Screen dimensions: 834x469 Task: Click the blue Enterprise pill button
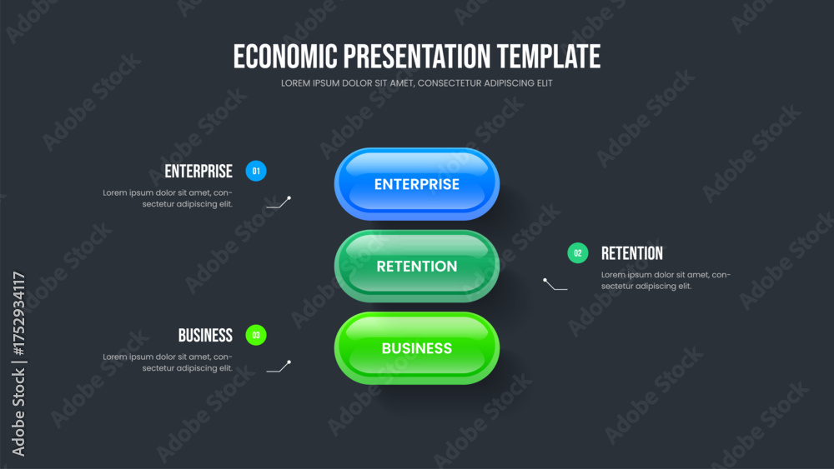coord(416,184)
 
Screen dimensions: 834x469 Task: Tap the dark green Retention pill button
coord(416,266)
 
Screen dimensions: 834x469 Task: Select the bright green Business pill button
coord(416,348)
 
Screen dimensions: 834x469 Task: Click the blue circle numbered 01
coord(256,171)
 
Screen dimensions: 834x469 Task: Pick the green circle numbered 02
coord(578,252)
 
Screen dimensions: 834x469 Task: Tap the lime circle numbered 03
coord(256,335)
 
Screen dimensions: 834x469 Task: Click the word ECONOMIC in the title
coord(285,57)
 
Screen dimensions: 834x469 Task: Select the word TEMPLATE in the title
coord(549,57)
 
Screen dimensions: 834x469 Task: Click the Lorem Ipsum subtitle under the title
coord(416,83)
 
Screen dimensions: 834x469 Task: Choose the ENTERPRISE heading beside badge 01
coord(198,171)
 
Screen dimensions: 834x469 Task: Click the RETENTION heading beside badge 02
coord(632,253)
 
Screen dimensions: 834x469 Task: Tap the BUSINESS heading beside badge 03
coord(205,335)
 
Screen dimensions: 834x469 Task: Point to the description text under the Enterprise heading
coord(168,198)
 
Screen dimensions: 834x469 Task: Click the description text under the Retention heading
coord(666,281)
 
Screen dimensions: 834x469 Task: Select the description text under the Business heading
coord(168,362)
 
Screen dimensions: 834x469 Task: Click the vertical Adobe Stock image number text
coord(18,364)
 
